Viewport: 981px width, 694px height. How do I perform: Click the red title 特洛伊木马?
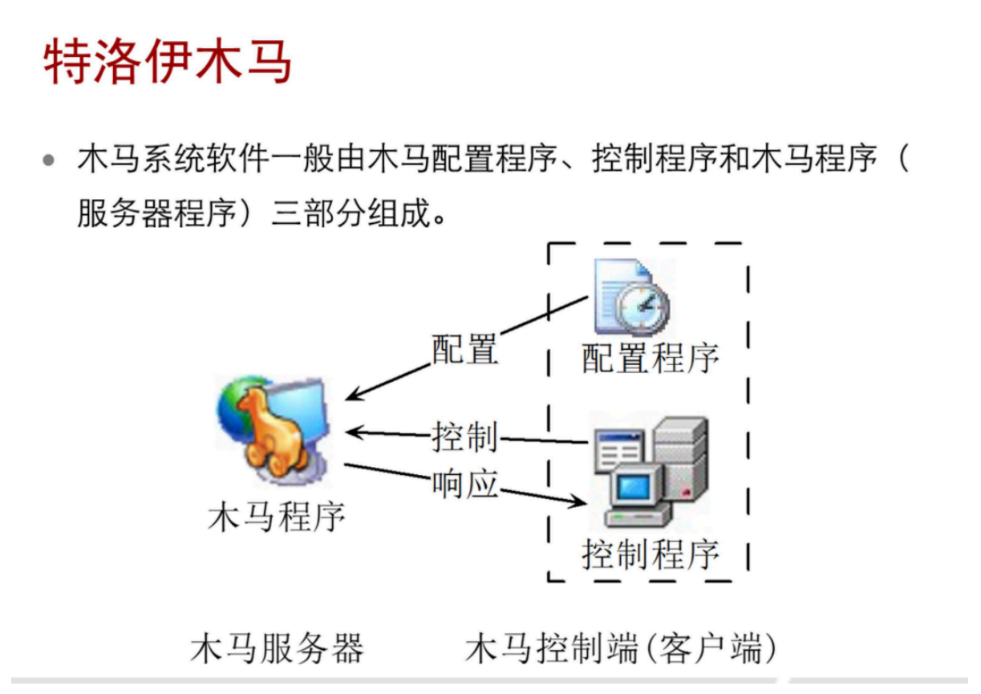point(167,61)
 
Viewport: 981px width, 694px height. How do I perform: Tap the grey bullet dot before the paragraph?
point(50,160)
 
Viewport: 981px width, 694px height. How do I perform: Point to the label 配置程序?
point(650,358)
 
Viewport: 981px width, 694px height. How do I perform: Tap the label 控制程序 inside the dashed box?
point(650,554)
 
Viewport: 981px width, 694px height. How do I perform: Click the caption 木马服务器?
point(277,648)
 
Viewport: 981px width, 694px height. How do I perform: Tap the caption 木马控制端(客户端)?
point(622,648)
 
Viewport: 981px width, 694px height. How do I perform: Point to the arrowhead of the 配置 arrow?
point(350,398)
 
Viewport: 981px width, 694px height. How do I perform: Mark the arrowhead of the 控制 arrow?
point(351,432)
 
